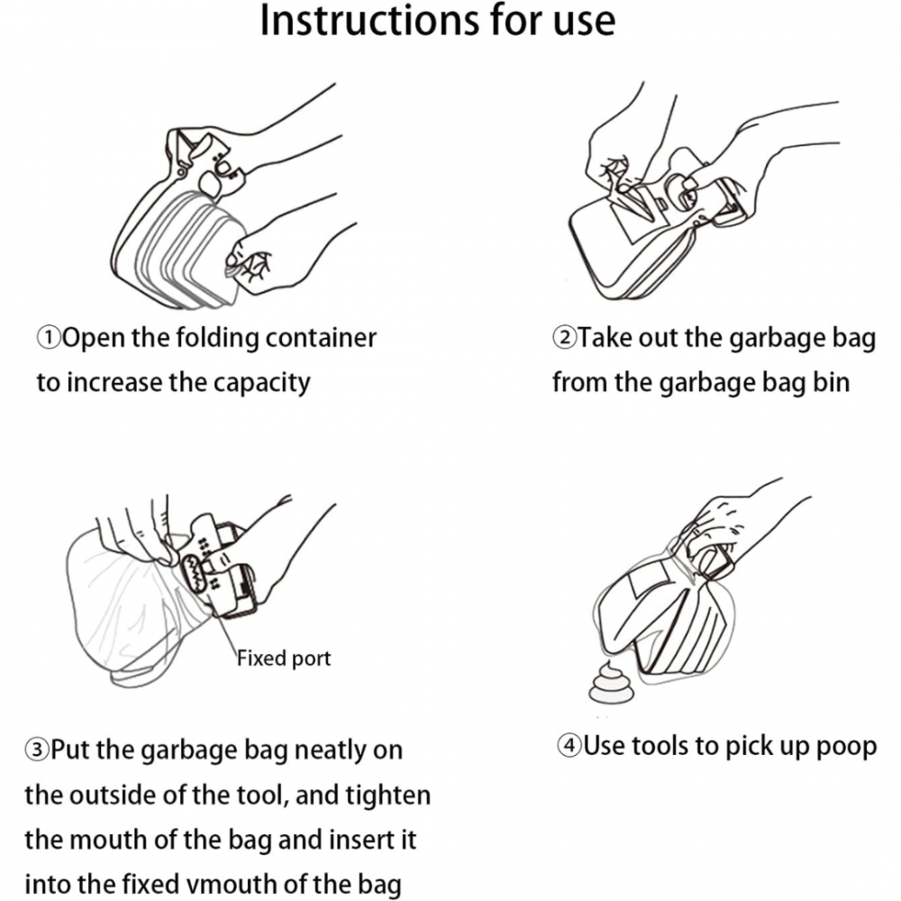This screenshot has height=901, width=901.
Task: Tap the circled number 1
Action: [49, 338]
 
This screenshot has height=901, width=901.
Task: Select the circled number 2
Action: [564, 338]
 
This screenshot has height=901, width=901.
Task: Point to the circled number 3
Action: [36, 751]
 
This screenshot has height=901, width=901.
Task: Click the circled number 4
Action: [569, 746]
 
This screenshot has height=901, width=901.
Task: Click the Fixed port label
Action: [284, 659]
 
